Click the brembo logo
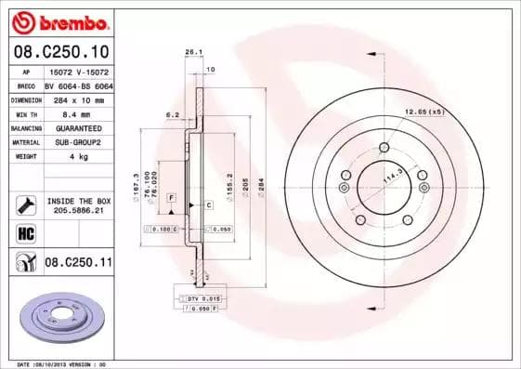point(61,20)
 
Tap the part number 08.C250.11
point(78,263)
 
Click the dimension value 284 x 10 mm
point(78,99)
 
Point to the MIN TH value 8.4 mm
point(78,113)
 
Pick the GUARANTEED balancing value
point(78,128)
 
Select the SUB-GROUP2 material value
point(78,143)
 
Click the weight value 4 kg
point(78,158)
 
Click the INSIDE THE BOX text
point(78,201)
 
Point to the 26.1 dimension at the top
point(193,53)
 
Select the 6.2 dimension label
point(172,114)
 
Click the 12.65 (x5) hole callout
point(424,112)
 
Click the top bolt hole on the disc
point(384,146)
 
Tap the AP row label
point(27,70)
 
